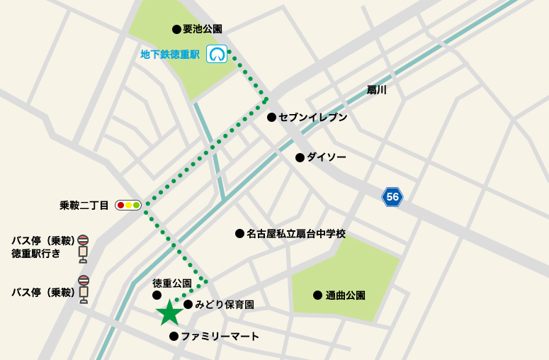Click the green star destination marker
tap(169, 312)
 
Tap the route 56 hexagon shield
tap(392, 197)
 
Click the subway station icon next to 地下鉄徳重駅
tap(217, 54)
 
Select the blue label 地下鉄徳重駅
tap(170, 54)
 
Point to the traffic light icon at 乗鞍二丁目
tap(128, 206)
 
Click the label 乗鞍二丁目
tap(84, 206)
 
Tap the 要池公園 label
tap(203, 29)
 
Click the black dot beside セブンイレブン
tap(271, 118)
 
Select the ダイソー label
tap(327, 157)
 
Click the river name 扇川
tap(376, 90)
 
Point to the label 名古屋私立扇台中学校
tap(296, 233)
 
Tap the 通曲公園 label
tap(346, 295)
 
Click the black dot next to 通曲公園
tap(318, 295)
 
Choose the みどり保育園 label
tap(225, 305)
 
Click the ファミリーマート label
tap(220, 337)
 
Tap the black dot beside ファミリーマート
tap(174, 337)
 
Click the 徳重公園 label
tap(173, 283)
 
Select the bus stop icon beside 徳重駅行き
tap(83, 245)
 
